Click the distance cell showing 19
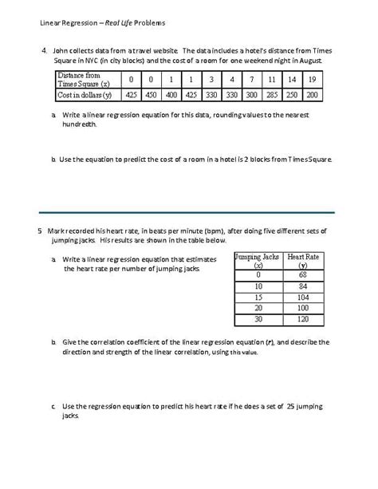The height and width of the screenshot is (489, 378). (312, 80)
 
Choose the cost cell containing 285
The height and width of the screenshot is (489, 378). (272, 95)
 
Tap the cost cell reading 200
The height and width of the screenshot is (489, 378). (312, 95)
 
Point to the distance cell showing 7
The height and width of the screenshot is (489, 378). (251, 80)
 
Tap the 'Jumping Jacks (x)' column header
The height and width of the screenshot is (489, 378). (258, 262)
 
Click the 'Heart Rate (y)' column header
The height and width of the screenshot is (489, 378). (301, 262)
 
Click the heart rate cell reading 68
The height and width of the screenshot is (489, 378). (301, 274)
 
